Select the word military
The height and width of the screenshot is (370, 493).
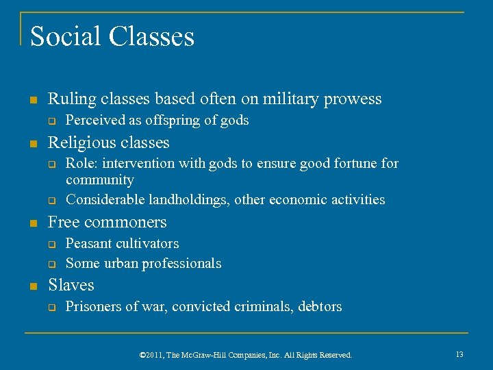[x=279, y=99]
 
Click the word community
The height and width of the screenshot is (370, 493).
[x=99, y=180]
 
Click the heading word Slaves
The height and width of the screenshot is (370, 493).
[x=71, y=285]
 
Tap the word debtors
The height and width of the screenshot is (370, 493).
[x=320, y=306]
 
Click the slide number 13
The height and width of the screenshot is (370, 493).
[x=459, y=354]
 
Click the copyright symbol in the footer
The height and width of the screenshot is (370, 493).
[x=142, y=355]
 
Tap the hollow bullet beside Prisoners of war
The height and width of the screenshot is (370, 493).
[x=51, y=308]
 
